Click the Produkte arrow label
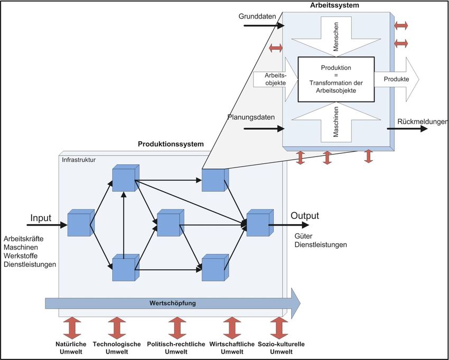tap(396, 79)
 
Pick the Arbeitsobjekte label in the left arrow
tap(271, 79)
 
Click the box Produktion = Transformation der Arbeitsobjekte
tap(335, 79)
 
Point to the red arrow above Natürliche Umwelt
tap(71, 328)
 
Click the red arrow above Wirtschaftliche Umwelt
tap(231, 328)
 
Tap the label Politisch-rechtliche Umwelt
tap(176, 348)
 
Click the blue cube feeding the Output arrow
tap(257, 224)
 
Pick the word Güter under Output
tap(303, 237)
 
